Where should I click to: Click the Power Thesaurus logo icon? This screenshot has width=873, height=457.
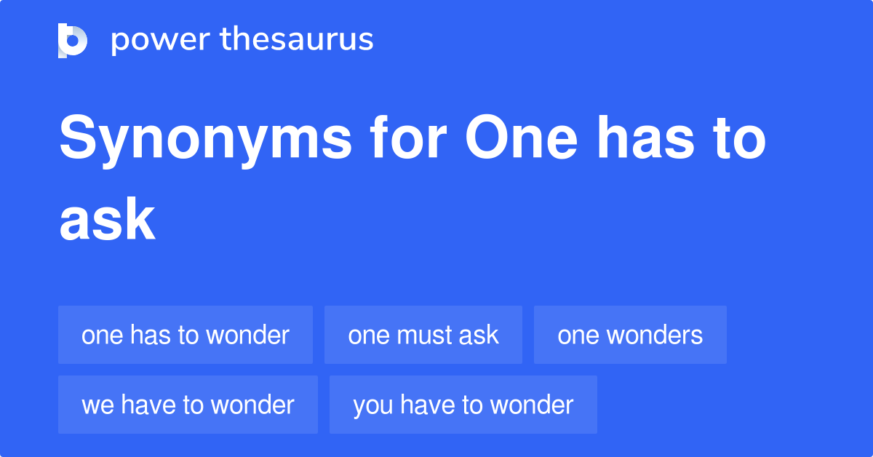[x=73, y=40]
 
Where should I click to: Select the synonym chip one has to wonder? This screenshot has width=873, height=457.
[x=186, y=335]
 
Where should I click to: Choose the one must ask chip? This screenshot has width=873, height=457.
[x=423, y=335]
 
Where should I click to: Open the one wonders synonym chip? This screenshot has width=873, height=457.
[x=630, y=335]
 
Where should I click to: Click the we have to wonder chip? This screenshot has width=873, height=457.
[x=188, y=405]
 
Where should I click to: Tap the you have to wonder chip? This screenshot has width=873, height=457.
[x=463, y=405]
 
